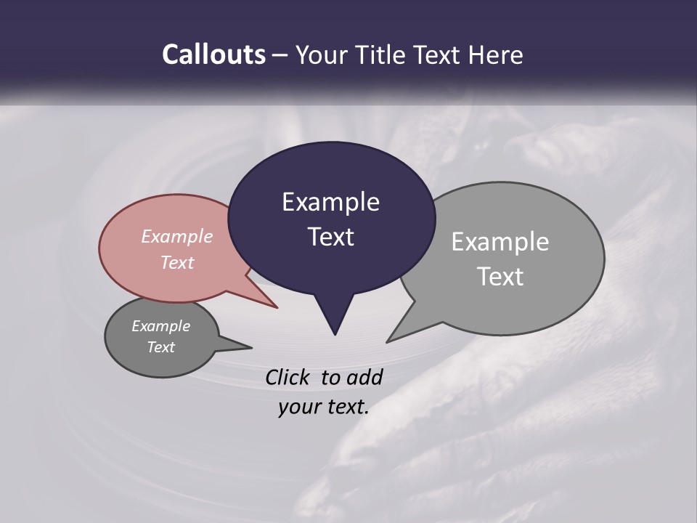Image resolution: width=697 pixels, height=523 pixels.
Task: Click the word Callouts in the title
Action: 213,55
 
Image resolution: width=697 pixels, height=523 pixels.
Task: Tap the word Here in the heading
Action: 497,55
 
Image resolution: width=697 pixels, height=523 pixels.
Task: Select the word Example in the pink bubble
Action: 177,236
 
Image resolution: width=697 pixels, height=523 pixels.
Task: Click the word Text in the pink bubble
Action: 177,262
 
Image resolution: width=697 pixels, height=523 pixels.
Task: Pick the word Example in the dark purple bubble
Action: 330,202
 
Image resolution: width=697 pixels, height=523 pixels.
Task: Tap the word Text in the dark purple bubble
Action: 330,237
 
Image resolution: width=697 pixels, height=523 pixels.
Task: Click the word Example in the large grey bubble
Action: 500,242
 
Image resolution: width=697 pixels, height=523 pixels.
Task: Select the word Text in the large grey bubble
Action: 500,277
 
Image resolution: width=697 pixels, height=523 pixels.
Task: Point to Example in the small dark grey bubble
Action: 160,326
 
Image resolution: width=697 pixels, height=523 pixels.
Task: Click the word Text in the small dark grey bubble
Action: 160,347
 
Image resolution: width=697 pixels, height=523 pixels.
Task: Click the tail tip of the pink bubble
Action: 277,307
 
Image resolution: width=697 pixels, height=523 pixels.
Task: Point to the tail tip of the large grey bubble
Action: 388,341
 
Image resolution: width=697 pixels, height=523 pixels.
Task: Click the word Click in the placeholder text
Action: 288,377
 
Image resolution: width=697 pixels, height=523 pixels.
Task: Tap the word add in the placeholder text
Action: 364,377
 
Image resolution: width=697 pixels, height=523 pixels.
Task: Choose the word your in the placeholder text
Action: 298,407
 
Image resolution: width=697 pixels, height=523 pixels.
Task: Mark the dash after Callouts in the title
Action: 281,55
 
